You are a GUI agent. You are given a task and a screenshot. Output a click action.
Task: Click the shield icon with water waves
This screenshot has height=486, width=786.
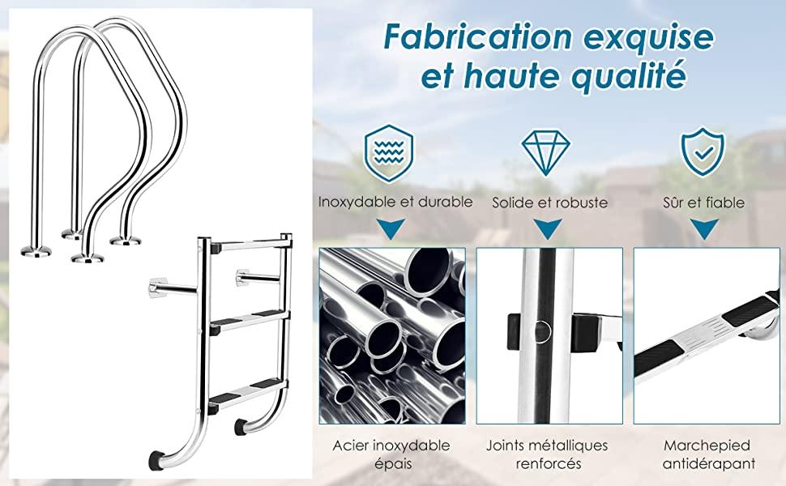coord(389,152)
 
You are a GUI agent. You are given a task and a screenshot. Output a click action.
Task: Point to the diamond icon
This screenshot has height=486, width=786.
coord(545,152)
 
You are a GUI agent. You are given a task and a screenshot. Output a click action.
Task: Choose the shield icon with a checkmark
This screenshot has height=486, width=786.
coord(703,151)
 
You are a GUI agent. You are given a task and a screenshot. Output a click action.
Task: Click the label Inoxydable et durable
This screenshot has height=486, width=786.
coord(395,202)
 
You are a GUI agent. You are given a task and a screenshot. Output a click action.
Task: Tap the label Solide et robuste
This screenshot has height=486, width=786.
coord(549,202)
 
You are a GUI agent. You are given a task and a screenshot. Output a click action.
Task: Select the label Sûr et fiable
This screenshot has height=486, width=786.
coord(704,202)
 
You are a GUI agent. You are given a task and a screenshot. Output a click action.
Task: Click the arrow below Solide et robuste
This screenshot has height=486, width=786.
coord(548,228)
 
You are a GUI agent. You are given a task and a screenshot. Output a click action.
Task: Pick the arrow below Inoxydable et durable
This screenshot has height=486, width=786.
coord(392,228)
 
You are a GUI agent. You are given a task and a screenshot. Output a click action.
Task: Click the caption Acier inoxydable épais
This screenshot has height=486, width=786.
coord(391,454)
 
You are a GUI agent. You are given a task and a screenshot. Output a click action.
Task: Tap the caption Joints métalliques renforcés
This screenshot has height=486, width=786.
coord(548,454)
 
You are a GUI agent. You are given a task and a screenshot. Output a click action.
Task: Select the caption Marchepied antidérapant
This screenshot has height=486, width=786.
coord(707,454)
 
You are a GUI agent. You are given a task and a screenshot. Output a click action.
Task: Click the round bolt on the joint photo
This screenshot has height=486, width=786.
coord(540,331)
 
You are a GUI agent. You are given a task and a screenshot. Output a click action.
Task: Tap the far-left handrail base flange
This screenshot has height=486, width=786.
coord(36,250)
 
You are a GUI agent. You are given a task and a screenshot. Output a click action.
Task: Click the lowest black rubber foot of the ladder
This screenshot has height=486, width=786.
coord(156,460)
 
